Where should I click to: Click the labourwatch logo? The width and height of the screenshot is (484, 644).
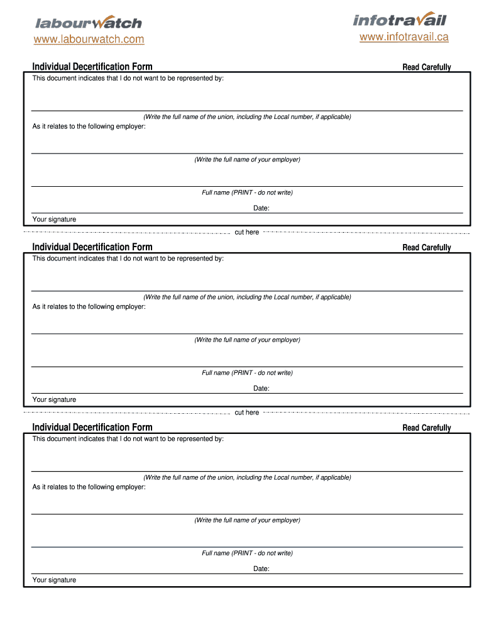tap(88, 23)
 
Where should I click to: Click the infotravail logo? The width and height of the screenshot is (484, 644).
tap(399, 19)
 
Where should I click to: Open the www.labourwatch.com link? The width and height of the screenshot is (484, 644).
tap(89, 40)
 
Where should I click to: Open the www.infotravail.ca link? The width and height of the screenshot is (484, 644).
tap(404, 37)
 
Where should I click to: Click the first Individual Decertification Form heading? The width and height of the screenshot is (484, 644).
tap(92, 67)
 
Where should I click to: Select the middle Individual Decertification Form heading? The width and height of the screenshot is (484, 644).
tap(92, 247)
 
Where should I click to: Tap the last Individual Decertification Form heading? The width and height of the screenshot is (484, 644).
tap(92, 428)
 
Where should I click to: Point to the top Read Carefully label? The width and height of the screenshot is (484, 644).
tap(427, 67)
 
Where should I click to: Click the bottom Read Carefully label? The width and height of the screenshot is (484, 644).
tap(427, 428)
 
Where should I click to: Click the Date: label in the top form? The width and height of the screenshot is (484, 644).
tap(261, 208)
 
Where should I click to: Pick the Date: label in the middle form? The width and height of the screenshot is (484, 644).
tap(261, 388)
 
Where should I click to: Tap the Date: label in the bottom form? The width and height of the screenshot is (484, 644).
tap(261, 569)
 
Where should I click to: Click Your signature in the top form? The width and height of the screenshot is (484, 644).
tap(54, 219)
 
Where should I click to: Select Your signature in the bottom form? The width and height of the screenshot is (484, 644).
tap(54, 580)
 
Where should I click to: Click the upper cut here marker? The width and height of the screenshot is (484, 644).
tap(246, 232)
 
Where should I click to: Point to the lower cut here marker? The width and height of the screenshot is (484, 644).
tap(246, 413)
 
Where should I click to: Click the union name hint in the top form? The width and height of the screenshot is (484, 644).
tap(247, 117)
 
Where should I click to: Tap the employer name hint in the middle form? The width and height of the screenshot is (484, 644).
tap(247, 340)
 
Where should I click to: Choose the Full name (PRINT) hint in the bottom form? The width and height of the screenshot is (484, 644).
tap(247, 553)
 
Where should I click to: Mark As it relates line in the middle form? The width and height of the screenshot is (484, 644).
tap(89, 307)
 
